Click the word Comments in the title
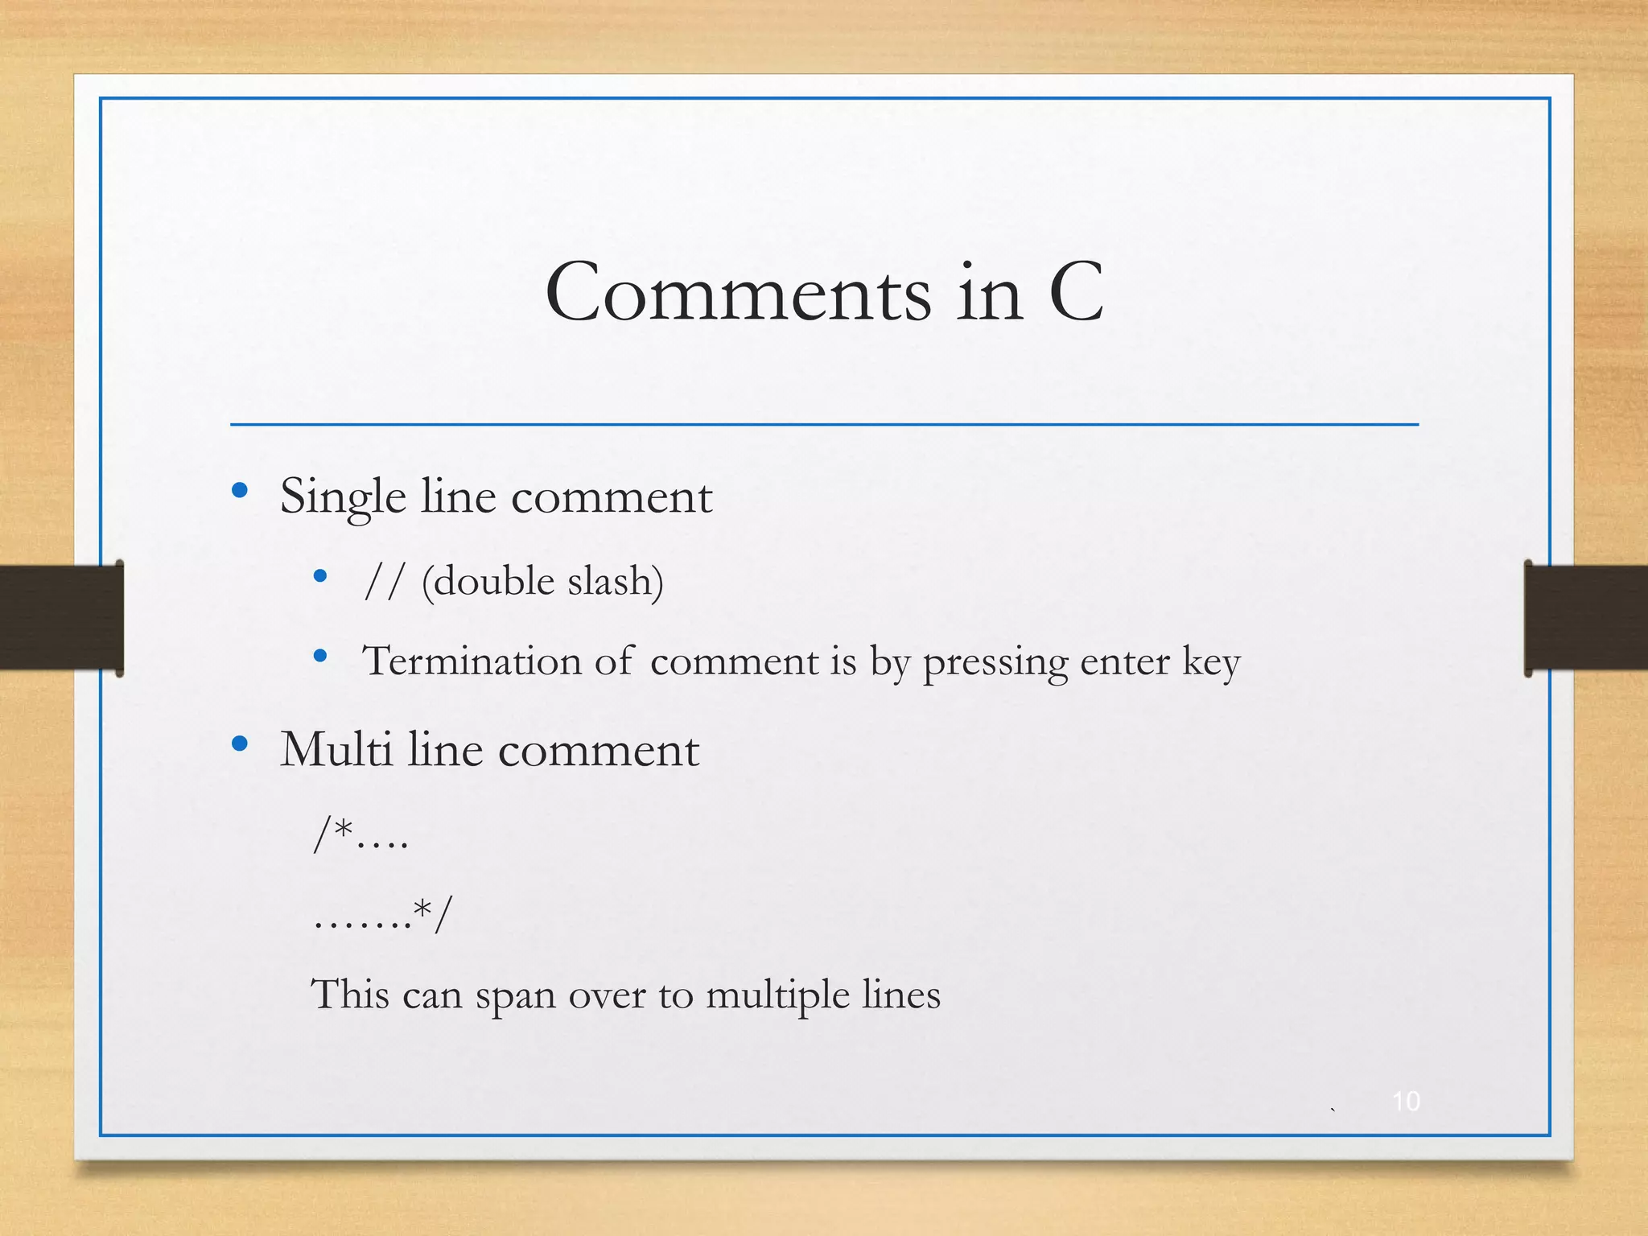(737, 293)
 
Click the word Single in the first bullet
(343, 496)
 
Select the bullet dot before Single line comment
(239, 490)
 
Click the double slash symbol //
(382, 581)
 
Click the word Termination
(471, 661)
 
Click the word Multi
(336, 749)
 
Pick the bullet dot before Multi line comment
(239, 744)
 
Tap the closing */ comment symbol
(433, 914)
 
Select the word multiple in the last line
(777, 995)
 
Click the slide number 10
(1406, 1101)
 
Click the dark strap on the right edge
(1585, 617)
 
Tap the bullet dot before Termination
(320, 656)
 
